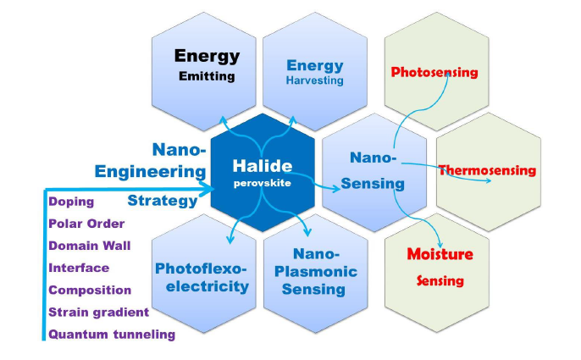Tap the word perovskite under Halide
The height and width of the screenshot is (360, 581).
263,183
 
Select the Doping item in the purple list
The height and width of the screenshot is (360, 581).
71,202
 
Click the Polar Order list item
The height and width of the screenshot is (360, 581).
87,224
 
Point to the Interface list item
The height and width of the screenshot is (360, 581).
79,268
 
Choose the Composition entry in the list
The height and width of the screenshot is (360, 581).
90,290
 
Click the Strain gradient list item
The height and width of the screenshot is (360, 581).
99,312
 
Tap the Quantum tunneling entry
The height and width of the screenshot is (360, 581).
112,334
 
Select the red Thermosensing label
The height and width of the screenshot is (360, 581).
487,170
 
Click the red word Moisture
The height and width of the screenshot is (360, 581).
440,254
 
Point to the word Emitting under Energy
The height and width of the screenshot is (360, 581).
207,77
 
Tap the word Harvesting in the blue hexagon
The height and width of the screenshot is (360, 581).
314,80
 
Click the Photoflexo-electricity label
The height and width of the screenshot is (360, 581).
202,277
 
